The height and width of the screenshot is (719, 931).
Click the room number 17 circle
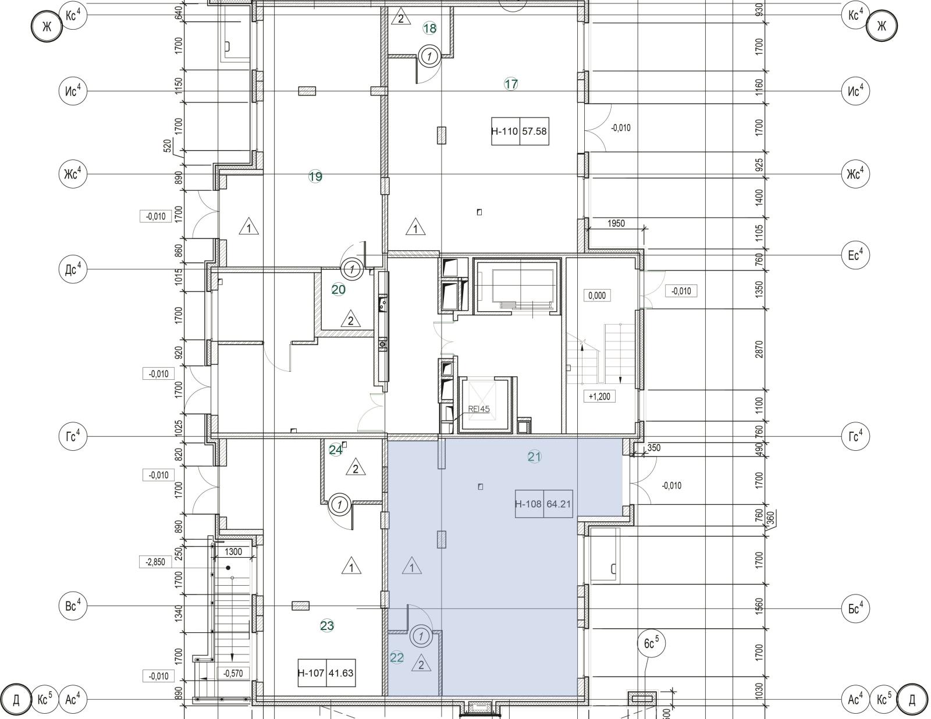click(x=511, y=84)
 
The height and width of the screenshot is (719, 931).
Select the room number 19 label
click(x=315, y=176)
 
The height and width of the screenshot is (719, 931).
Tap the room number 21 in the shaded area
click(x=534, y=457)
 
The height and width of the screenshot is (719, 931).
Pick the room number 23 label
click(x=327, y=626)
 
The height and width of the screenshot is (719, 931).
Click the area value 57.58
click(x=534, y=131)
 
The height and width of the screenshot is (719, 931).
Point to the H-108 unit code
click(x=529, y=504)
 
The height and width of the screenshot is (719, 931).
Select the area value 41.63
click(x=341, y=672)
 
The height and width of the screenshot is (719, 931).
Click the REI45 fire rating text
click(x=478, y=409)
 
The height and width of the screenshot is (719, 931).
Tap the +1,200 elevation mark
click(x=599, y=396)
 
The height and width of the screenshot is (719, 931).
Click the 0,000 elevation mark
click(x=597, y=296)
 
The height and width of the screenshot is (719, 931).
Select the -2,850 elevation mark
click(x=155, y=562)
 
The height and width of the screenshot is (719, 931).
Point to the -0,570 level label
click(x=233, y=674)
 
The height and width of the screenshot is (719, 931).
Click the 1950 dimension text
click(x=616, y=223)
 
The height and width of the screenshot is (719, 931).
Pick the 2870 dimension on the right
click(x=759, y=350)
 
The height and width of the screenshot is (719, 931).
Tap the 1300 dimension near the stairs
click(x=233, y=552)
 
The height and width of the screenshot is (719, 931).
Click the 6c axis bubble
click(x=651, y=643)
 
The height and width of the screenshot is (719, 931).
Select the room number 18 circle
click(x=430, y=29)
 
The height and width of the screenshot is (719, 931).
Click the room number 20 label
click(x=339, y=290)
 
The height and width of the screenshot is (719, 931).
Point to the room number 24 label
click(x=336, y=450)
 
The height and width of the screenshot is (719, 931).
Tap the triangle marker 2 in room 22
click(x=421, y=663)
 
